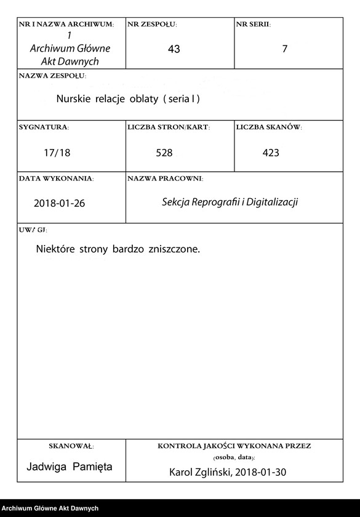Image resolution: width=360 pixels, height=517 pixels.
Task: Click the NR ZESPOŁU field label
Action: pyautogui.click(x=152, y=25)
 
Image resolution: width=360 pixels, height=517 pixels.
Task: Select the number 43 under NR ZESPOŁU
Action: pyautogui.click(x=174, y=49)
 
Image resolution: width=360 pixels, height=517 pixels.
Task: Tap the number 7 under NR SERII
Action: pyautogui.click(x=284, y=49)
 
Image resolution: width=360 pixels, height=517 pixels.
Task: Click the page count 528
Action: pyautogui.click(x=164, y=153)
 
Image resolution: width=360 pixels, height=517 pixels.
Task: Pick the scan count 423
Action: pyautogui.click(x=271, y=153)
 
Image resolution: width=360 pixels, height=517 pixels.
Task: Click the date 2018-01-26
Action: pyautogui.click(x=59, y=204)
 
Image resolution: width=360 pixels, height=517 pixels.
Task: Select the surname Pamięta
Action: pyautogui.click(x=92, y=467)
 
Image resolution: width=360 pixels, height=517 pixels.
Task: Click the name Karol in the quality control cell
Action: pyautogui.click(x=182, y=473)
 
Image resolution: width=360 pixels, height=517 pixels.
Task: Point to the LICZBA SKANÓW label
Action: pyautogui.click(x=268, y=127)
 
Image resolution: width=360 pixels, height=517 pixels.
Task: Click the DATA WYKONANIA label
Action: pyautogui.click(x=56, y=178)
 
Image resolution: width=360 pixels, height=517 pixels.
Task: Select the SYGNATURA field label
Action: pyautogui.click(x=44, y=127)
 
